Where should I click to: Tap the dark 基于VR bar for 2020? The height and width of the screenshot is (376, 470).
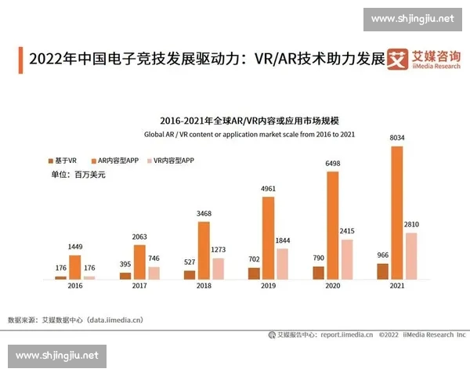[x=318, y=273]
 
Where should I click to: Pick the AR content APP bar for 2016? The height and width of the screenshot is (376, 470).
[x=75, y=267]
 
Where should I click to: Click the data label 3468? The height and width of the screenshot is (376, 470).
[x=204, y=214]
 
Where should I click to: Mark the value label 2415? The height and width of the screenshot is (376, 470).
[x=346, y=231]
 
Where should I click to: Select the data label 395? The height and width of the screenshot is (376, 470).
[x=125, y=265]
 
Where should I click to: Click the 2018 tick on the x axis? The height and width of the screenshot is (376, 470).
[x=203, y=287]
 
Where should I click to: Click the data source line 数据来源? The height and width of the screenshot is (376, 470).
[x=75, y=320]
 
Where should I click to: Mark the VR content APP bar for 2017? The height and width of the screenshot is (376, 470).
[x=154, y=273]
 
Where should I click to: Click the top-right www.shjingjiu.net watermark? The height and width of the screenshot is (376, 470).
[x=412, y=18]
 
